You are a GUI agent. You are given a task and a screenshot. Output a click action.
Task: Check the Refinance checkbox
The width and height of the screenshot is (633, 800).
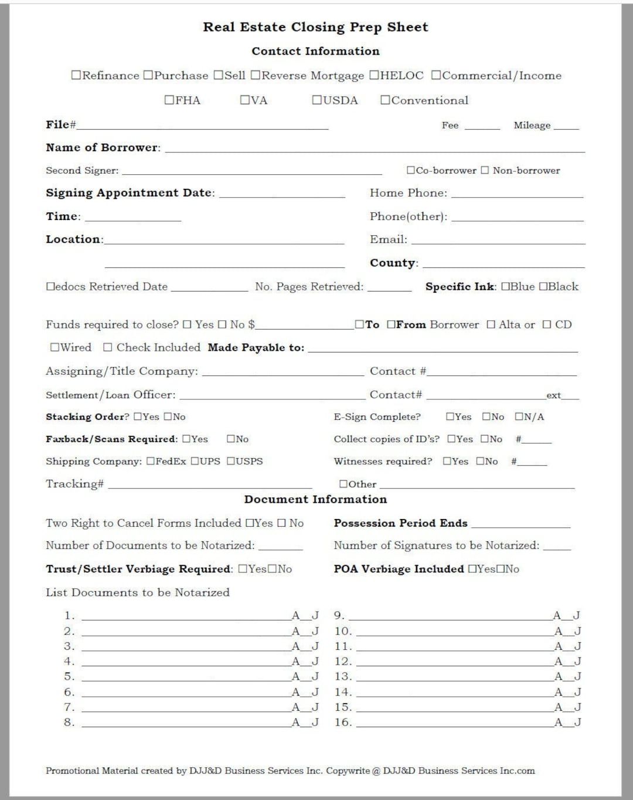click(x=76, y=76)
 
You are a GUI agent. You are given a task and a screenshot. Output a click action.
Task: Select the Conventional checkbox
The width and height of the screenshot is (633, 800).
click(x=385, y=100)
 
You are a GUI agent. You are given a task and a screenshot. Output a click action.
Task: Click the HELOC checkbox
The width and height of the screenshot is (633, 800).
click(x=374, y=76)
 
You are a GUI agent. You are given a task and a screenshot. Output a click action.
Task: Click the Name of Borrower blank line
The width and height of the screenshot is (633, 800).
click(x=375, y=150)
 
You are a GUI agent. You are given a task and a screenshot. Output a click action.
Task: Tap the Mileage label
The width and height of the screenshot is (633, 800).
click(x=532, y=125)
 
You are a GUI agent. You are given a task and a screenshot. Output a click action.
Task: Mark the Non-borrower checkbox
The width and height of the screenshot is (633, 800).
click(x=485, y=171)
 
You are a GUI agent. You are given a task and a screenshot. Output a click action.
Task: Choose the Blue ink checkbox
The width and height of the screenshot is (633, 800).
click(x=506, y=287)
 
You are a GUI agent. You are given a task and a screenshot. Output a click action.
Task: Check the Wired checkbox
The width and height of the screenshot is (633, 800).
click(x=55, y=347)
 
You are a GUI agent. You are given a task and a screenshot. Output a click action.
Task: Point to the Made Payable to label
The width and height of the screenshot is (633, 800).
click(x=256, y=347)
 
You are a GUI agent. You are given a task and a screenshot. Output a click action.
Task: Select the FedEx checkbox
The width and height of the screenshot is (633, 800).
click(x=151, y=462)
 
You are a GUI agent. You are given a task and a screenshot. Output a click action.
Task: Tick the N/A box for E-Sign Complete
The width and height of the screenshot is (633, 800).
click(x=519, y=417)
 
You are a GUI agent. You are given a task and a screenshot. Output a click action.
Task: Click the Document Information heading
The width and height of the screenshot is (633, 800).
click(x=315, y=499)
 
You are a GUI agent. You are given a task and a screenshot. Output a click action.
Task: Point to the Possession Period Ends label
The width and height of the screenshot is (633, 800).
click(x=400, y=523)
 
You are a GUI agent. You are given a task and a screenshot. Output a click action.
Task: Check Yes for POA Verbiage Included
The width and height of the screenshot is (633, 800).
click(x=472, y=569)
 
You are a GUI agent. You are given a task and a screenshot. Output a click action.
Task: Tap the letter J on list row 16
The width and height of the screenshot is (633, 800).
click(x=577, y=723)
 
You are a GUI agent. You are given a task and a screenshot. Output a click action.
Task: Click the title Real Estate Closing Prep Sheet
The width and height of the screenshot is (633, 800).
click(x=315, y=27)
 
